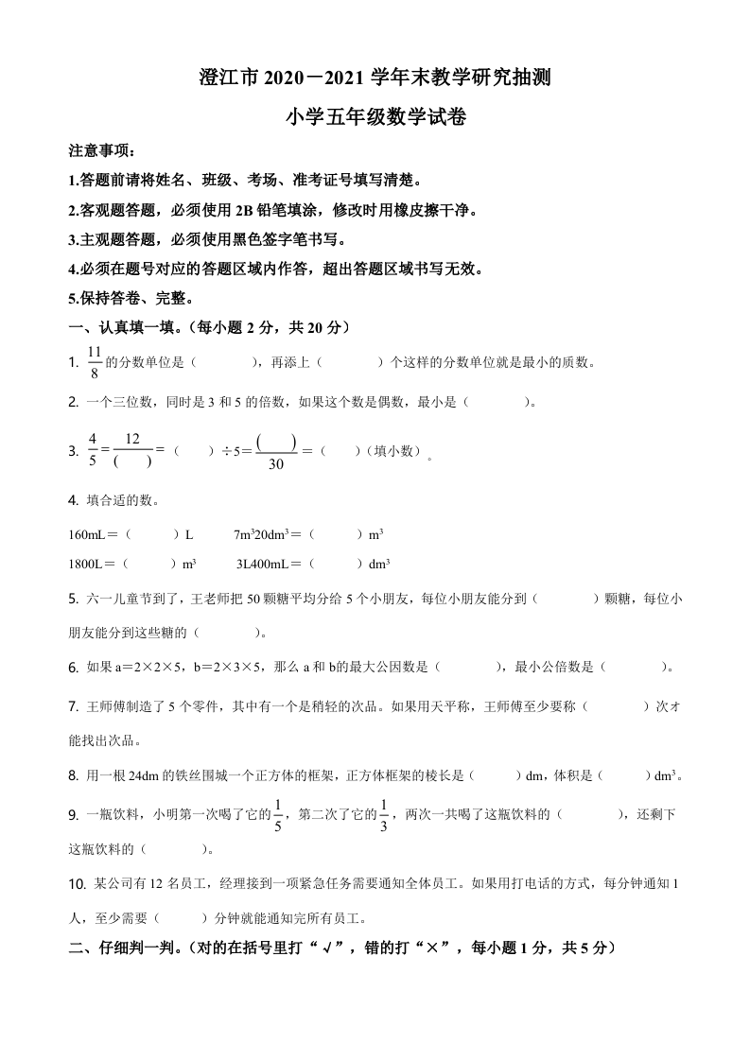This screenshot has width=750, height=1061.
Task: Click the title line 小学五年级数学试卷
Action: coord(375,117)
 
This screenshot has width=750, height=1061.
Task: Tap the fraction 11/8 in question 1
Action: coord(94,362)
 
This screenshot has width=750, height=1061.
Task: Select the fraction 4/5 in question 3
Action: coord(93,450)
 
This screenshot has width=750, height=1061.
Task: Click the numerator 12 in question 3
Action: coord(131,439)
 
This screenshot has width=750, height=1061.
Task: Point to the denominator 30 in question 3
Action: coord(276,463)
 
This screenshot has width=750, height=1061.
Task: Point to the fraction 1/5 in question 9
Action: coord(278,813)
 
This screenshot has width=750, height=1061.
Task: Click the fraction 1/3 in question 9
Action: coord(384,813)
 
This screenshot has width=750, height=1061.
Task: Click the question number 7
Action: coord(74,705)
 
